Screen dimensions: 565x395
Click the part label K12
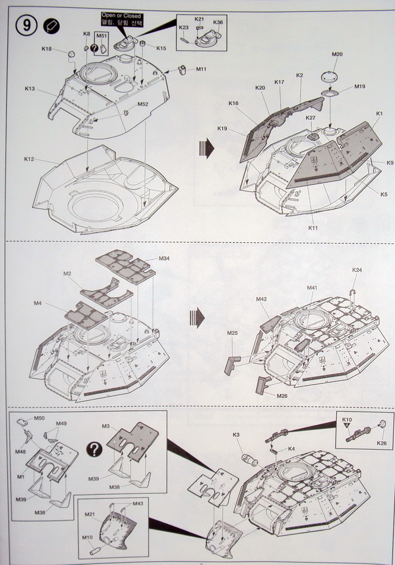tap(29, 159)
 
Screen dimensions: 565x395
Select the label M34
tap(164, 259)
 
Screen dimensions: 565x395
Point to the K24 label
tap(357, 270)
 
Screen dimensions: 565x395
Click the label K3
tap(236, 434)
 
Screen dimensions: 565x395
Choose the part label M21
tap(89, 515)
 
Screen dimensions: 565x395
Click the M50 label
tap(39, 418)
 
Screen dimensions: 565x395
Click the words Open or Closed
tap(121, 16)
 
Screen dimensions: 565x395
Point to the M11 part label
tap(201, 69)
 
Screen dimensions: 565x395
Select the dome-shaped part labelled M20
tap(331, 76)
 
